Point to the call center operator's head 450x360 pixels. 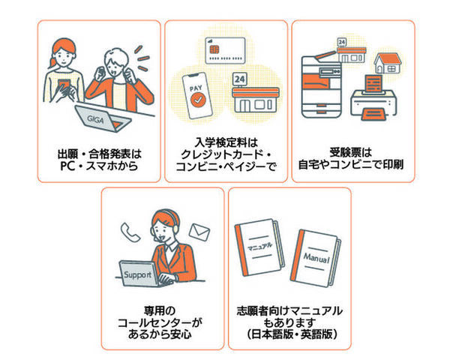coord(163,221)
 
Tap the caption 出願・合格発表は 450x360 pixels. coord(99,148)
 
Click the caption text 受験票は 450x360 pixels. coord(352,148)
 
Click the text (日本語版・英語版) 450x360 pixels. coord(289,333)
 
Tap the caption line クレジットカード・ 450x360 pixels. coord(226,154)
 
